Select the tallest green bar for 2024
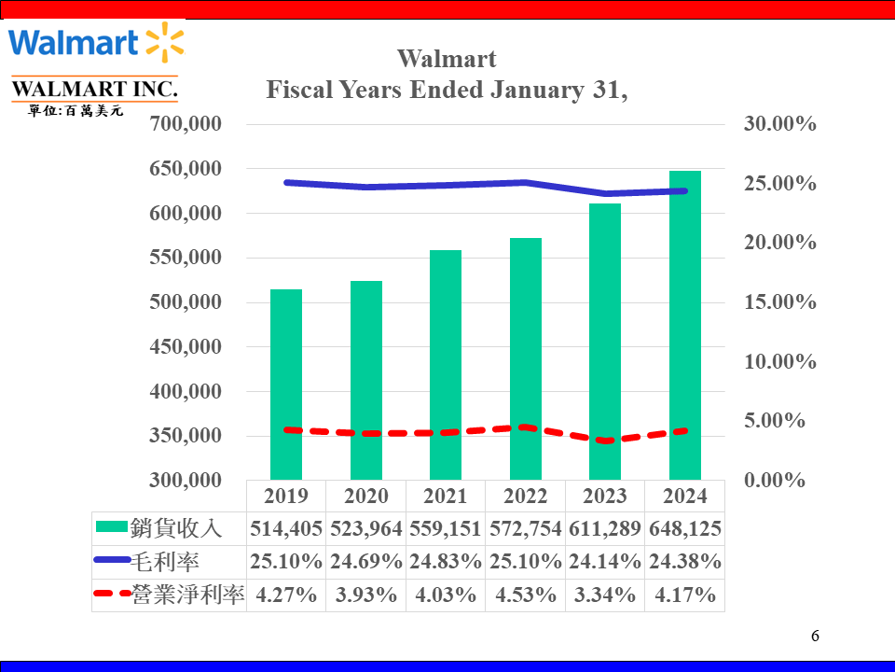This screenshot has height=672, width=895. pos(684,326)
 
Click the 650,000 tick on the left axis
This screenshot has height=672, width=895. pos(186,169)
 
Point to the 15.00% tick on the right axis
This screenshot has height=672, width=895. pos(779,302)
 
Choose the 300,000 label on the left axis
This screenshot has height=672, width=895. pos(186,481)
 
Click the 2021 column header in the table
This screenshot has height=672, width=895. pos(446,496)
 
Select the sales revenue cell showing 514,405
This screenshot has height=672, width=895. pos(286,529)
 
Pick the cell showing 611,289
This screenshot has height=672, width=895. pos(604,529)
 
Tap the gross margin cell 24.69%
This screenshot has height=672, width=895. pos(365,562)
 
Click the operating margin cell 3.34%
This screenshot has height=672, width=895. pos(604,595)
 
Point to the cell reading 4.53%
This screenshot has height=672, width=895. pos(525,595)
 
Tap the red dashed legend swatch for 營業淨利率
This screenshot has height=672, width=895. pos(112,595)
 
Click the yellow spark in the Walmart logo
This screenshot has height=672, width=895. pos(165,42)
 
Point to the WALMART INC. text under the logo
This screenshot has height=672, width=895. pos(94,90)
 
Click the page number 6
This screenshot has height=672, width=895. pos(815,637)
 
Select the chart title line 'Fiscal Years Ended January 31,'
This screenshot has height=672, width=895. pos(447,91)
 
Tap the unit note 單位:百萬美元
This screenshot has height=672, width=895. pos(76,111)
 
